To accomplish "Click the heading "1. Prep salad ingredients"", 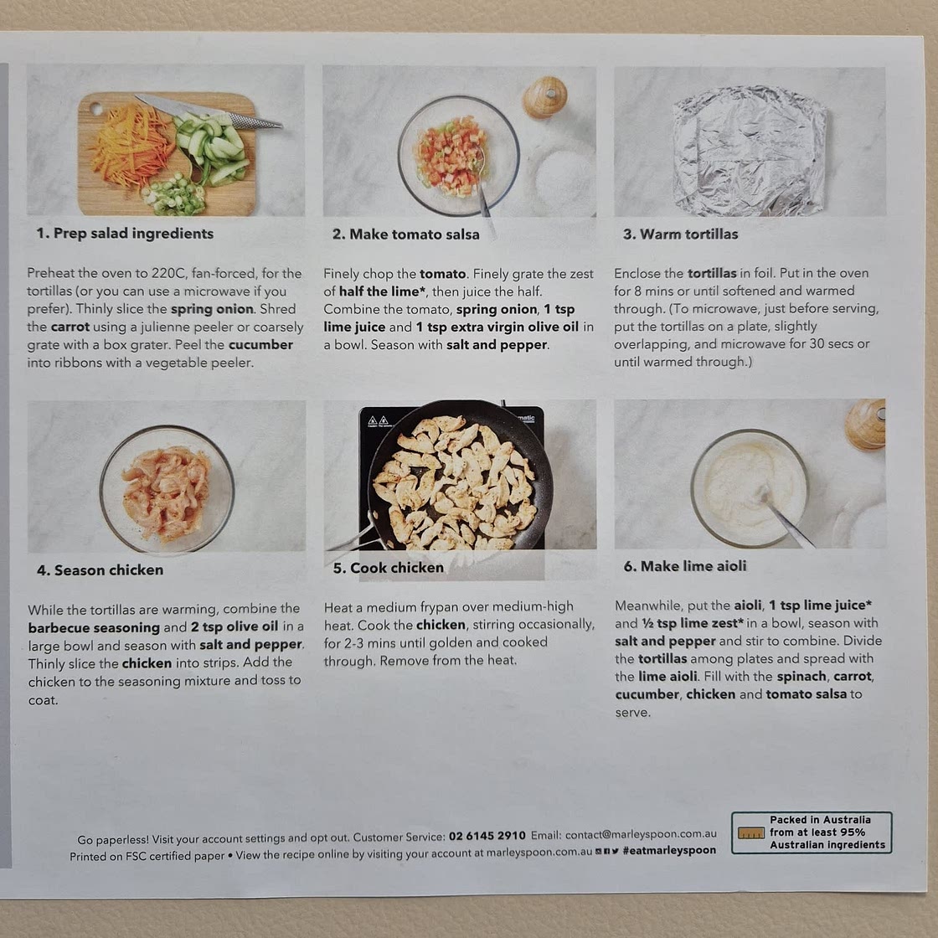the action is [x=125, y=234].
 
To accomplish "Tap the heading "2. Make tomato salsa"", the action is [x=406, y=234].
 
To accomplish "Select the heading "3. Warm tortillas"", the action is [x=681, y=234].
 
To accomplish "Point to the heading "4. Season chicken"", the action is [x=100, y=570].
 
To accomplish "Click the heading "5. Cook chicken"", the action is [x=389, y=568].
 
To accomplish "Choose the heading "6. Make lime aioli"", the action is [x=685, y=566].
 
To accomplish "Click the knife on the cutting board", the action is [x=209, y=111].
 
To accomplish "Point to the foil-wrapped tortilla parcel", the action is [x=750, y=150].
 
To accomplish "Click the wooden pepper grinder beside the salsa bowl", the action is [x=545, y=96].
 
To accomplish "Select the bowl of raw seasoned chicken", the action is [x=167, y=490].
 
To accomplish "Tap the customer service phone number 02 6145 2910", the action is [x=487, y=836].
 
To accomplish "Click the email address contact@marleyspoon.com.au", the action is [x=641, y=834].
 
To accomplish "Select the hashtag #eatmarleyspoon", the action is [x=669, y=850].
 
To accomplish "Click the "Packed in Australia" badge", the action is [x=812, y=832].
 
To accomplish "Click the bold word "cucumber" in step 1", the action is [x=260, y=344].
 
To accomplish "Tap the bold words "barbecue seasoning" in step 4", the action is [x=94, y=627].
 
